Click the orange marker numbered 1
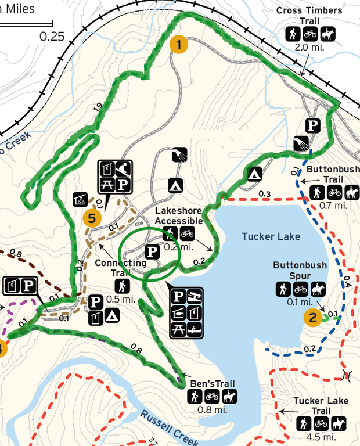(x=179, y=44)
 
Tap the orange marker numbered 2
(x=313, y=317)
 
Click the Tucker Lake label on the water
(x=271, y=236)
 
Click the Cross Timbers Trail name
(x=309, y=16)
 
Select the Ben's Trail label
(x=213, y=384)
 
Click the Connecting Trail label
(x=121, y=267)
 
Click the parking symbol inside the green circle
(x=152, y=252)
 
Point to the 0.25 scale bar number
(x=52, y=36)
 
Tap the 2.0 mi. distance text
(x=309, y=48)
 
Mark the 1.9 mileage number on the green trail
(x=98, y=106)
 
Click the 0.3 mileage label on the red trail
(x=265, y=193)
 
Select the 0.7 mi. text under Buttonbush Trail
(x=333, y=205)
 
